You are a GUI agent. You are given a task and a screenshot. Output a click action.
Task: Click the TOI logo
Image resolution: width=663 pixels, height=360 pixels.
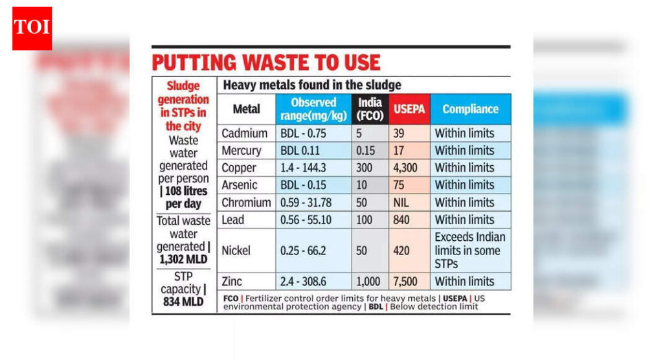32,28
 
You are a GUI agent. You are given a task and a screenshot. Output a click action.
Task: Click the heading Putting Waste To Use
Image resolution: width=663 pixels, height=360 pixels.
265,62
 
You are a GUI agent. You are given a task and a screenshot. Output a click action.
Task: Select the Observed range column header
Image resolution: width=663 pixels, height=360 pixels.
313,109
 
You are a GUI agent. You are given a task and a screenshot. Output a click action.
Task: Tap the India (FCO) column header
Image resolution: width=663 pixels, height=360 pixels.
370,109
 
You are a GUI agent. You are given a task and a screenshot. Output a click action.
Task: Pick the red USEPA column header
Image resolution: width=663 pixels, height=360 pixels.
409,109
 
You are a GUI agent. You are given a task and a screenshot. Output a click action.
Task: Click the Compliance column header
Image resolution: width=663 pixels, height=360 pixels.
470,109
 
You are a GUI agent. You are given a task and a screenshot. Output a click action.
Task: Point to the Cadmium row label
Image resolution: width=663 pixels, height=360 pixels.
244,133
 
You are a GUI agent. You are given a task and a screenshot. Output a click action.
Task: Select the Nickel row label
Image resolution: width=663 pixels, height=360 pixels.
237,250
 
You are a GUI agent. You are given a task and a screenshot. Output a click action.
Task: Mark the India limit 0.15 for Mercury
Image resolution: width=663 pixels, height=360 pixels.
367,151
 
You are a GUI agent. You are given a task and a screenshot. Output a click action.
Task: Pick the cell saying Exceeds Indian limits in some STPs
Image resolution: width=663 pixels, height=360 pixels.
470,250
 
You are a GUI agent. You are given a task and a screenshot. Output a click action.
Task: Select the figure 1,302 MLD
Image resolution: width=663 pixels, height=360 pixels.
183,259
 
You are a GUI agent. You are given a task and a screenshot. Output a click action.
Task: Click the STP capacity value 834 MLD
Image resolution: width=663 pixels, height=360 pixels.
183,302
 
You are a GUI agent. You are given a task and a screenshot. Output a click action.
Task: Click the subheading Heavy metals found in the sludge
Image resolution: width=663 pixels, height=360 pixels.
312,85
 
